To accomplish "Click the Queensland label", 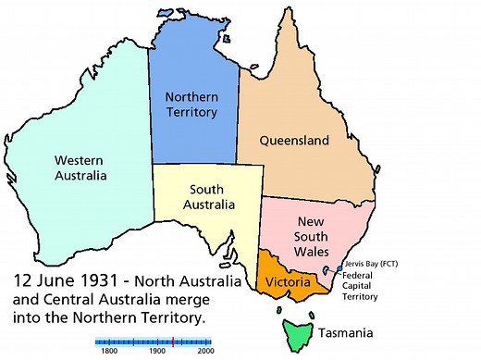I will [295, 142].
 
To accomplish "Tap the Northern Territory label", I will [191, 104].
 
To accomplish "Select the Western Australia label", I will [80, 167].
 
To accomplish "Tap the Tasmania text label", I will [346, 331].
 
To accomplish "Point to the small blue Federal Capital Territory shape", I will [327, 271].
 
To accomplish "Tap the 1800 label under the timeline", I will [107, 352].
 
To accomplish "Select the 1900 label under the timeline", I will [156, 352].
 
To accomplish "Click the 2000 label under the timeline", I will [205, 352].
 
